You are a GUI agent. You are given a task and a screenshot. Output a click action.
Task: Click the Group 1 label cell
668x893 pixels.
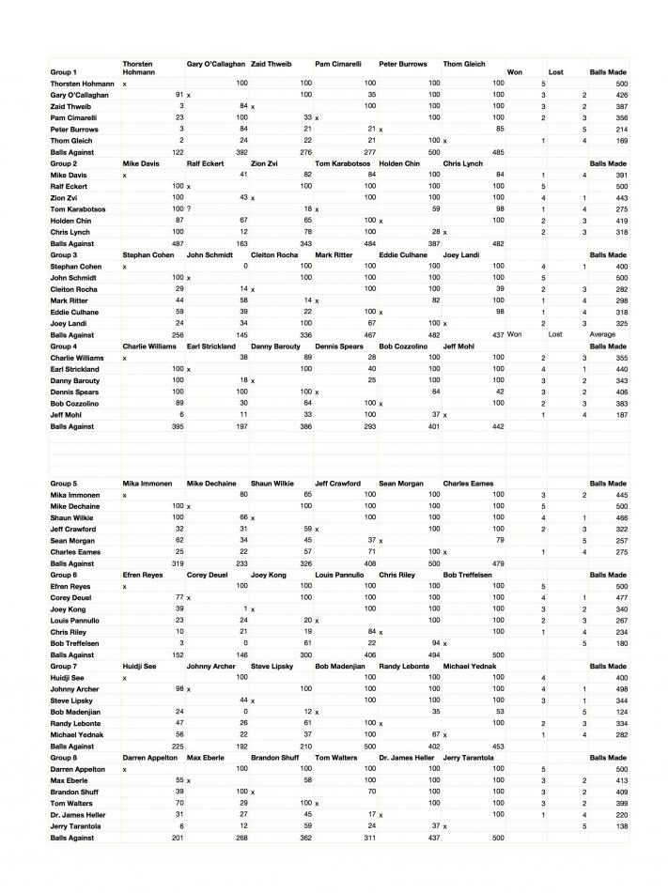click(x=64, y=72)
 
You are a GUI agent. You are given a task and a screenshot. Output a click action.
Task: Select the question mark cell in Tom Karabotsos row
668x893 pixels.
click(x=189, y=209)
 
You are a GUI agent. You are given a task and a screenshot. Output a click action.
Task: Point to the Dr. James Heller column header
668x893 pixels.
click(x=407, y=757)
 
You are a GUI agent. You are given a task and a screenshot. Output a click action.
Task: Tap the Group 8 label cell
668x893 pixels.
click(x=64, y=757)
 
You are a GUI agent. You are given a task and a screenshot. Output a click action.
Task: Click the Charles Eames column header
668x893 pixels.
click(x=468, y=483)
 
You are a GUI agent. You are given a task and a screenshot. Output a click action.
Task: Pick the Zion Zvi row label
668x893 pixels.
click(x=65, y=198)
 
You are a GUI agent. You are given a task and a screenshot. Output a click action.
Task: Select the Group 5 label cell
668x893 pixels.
click(x=64, y=483)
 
